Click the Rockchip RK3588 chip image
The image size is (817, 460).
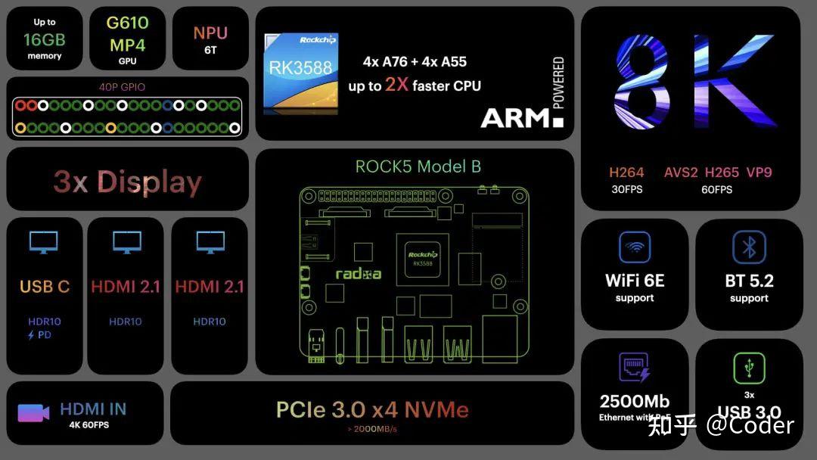[300, 73]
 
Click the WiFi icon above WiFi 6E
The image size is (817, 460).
[635, 247]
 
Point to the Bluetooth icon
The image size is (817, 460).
[749, 247]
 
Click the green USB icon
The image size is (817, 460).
[749, 368]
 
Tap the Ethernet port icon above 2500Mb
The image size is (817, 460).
[635, 368]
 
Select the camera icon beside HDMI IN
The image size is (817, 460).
[33, 413]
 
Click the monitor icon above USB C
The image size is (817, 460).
[44, 242]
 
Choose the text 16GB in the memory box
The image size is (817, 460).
[45, 39]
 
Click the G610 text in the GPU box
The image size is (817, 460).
[127, 23]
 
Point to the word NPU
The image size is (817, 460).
[210, 33]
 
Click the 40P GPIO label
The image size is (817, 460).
[122, 87]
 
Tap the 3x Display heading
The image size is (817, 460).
[127, 182]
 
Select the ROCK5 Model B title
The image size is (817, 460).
[418, 166]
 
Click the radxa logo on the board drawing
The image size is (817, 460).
[358, 274]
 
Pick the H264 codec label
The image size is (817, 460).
[626, 172]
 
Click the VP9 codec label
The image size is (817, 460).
[758, 172]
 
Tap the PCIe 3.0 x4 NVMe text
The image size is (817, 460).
[372, 410]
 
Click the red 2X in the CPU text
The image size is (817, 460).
[396, 85]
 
